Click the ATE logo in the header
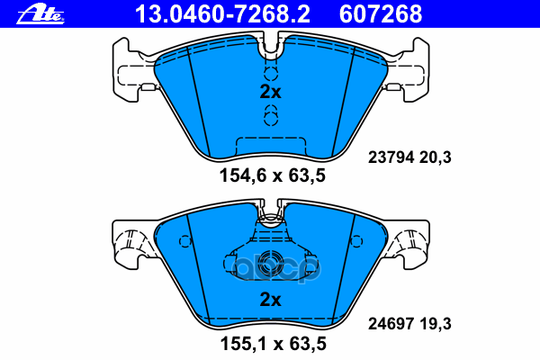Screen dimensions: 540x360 [40, 14]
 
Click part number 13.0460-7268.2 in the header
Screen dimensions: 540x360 [222, 14]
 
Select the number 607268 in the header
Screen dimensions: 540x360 [381, 14]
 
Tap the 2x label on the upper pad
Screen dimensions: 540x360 [270, 92]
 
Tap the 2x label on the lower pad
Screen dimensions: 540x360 [270, 300]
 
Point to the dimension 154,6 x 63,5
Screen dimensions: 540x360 [273, 175]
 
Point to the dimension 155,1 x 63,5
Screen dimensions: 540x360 [273, 344]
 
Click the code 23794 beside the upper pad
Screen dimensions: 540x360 [391, 157]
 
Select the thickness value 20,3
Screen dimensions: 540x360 [435, 157]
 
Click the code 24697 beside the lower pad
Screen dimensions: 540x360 [391, 324]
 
